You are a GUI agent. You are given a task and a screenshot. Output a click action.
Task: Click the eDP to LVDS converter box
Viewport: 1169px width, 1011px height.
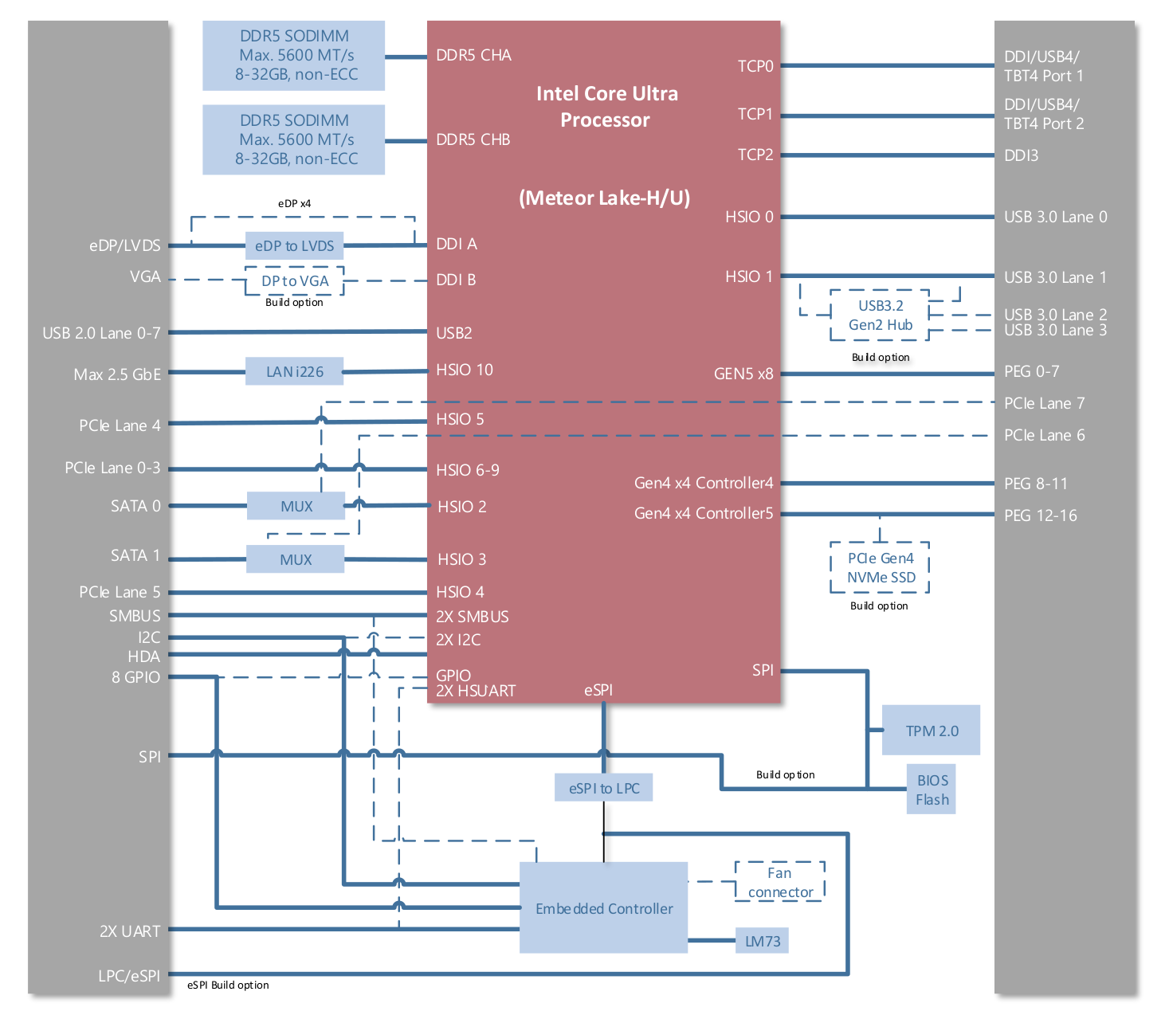tap(294, 246)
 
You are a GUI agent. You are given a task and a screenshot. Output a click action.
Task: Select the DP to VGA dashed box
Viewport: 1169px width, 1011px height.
tap(294, 281)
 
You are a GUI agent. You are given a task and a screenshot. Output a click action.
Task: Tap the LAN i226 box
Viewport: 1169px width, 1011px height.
tap(294, 371)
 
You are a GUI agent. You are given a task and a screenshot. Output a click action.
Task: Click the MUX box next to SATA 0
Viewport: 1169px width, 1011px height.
tap(296, 506)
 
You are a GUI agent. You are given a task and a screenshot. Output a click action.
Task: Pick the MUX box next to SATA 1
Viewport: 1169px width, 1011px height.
tap(295, 559)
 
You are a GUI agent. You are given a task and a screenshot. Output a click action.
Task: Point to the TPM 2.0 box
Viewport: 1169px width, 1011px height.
tap(931, 730)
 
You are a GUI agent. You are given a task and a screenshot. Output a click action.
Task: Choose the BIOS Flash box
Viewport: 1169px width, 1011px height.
tap(932, 790)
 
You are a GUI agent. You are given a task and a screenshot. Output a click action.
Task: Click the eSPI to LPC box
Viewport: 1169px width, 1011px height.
tap(603, 788)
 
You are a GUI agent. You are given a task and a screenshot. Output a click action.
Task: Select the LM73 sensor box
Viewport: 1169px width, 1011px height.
tap(762, 941)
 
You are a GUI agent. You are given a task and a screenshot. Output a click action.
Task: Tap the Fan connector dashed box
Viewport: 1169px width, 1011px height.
tap(780, 882)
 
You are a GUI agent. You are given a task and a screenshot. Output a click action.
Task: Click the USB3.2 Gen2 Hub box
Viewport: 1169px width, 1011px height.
tap(880, 315)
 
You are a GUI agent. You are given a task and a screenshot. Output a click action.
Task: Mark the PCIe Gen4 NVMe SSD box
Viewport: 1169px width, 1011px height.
tap(880, 568)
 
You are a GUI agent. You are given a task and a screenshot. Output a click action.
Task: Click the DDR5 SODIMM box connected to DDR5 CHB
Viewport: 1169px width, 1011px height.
tap(293, 139)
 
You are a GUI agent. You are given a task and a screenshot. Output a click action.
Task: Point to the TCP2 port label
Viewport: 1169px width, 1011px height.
tap(755, 155)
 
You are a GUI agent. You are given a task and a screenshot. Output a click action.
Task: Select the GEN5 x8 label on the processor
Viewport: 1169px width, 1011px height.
tap(743, 374)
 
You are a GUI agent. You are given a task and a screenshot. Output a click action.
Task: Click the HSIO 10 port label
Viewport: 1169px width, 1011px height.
tap(465, 370)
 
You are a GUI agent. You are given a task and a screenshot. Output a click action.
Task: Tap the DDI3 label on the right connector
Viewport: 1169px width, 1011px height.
tap(1021, 155)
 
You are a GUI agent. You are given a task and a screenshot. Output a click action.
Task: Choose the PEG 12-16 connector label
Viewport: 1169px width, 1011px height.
tap(1040, 515)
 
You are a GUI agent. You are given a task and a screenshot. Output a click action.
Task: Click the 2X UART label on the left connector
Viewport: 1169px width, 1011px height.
tap(130, 931)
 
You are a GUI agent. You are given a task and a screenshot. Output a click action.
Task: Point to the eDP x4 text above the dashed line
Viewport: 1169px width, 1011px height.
tap(294, 204)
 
